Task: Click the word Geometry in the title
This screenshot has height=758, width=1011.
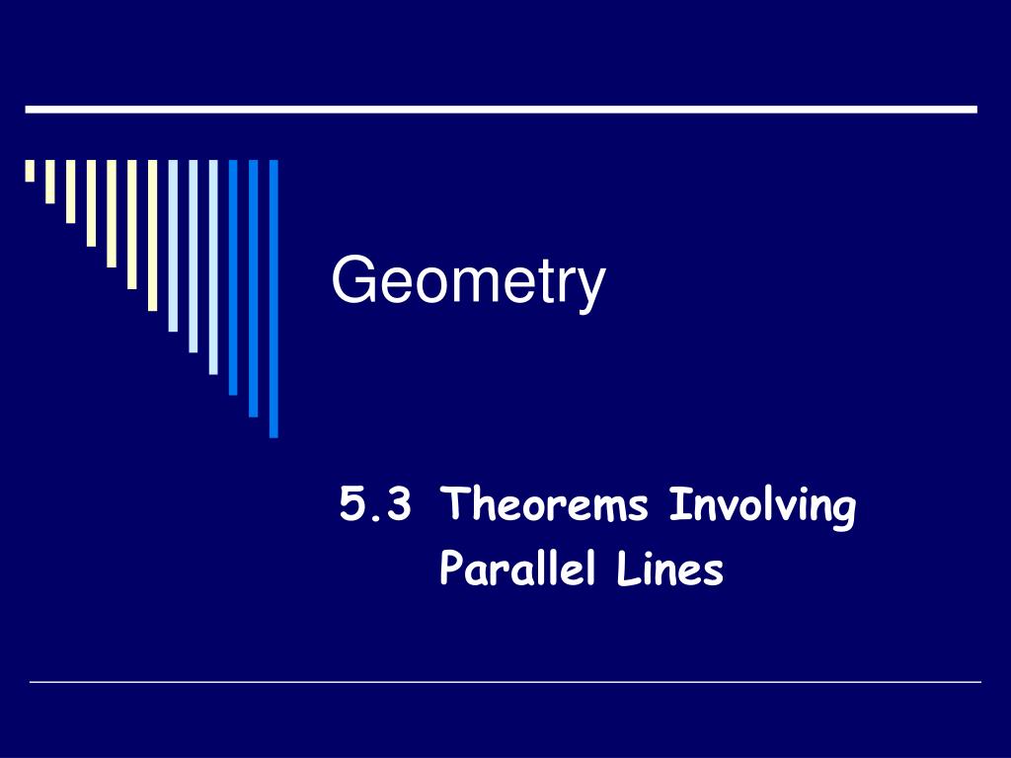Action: pyautogui.click(x=468, y=281)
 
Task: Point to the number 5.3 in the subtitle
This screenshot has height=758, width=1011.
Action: pyautogui.click(x=374, y=506)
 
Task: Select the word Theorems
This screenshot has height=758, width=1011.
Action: pyautogui.click(x=546, y=506)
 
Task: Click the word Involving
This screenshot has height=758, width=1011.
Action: pyautogui.click(x=762, y=508)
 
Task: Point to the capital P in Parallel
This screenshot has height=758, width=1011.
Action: pyautogui.click(x=450, y=570)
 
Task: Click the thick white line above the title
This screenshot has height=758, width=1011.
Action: pyautogui.click(x=501, y=109)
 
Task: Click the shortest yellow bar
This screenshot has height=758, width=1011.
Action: pyautogui.click(x=30, y=171)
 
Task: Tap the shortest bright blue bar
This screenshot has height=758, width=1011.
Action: pyautogui.click(x=233, y=276)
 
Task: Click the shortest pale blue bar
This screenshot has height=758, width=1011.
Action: pyautogui.click(x=173, y=246)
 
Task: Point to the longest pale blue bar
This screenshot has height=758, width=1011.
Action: pyautogui.click(x=213, y=266)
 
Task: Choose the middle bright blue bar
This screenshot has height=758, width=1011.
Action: pyautogui.click(x=254, y=287)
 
